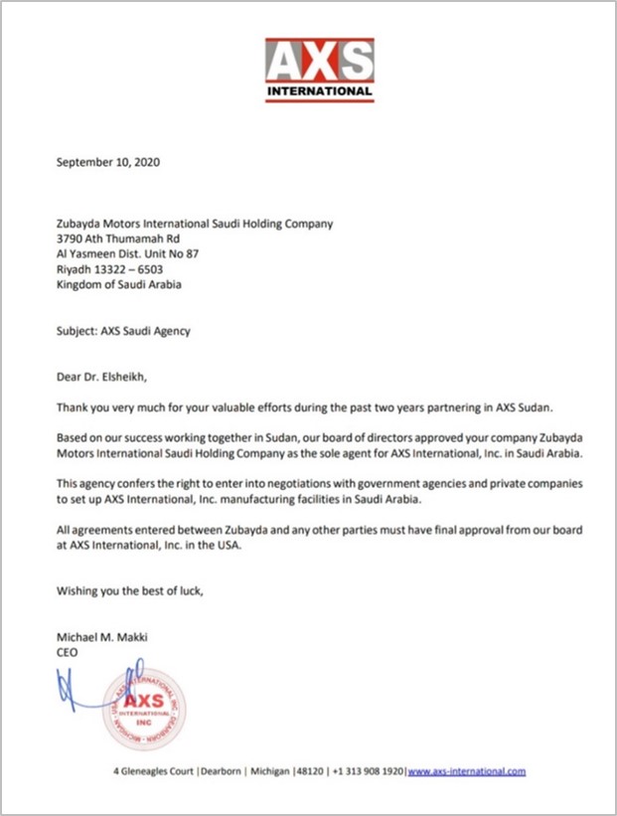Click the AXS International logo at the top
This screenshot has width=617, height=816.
(x=320, y=69)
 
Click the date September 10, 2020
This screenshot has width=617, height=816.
(x=108, y=161)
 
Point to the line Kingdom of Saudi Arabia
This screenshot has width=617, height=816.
(x=119, y=283)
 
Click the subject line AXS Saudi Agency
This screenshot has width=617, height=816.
(x=123, y=331)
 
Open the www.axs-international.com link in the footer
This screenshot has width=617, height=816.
(x=467, y=771)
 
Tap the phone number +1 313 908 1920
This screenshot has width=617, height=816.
(x=367, y=771)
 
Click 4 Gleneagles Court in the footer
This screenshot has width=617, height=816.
(x=152, y=771)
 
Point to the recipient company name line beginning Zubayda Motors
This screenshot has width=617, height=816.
(x=195, y=224)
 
